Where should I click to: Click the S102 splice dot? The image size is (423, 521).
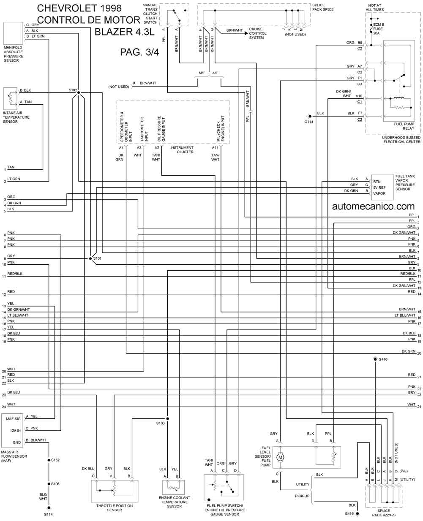click(78, 92)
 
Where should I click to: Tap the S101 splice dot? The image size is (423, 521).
click(90, 258)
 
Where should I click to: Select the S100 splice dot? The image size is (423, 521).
click(167, 418)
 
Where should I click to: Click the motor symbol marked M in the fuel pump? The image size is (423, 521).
click(280, 457)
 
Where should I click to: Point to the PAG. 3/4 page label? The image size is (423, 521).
click(139, 52)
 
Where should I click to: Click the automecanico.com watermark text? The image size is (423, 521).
click(373, 206)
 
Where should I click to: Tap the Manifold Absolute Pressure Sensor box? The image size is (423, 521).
click(13, 33)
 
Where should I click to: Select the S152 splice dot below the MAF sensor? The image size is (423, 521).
click(49, 460)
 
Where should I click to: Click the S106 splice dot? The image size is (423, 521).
click(49, 484)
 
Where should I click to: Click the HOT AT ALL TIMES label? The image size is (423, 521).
click(375, 7)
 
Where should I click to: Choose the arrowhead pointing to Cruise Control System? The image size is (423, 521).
click(246, 33)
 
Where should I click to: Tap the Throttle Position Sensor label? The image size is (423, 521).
click(115, 508)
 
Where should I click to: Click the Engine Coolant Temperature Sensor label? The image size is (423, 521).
click(174, 502)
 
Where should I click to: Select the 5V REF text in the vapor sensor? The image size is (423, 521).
click(379, 187)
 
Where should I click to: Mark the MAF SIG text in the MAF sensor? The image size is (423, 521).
click(13, 419)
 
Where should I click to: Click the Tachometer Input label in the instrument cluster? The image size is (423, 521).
click(144, 129)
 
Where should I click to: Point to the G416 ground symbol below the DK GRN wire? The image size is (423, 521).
click(375, 359)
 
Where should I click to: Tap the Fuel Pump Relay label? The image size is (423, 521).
click(404, 126)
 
